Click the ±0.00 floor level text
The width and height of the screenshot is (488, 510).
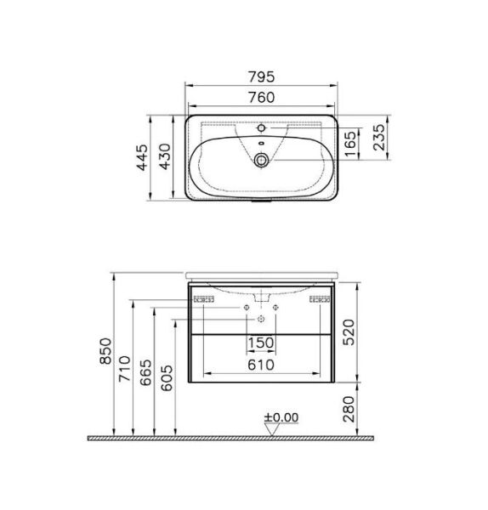282,417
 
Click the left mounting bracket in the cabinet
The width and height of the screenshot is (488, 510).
203,299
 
